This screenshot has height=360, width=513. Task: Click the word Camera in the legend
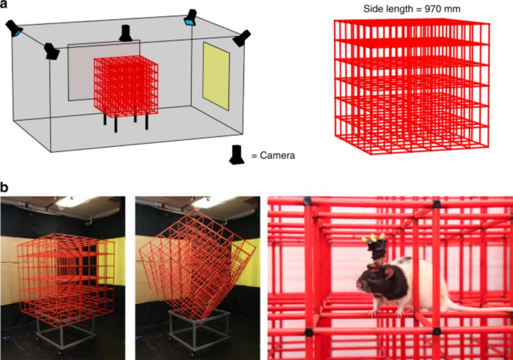coord(277,155)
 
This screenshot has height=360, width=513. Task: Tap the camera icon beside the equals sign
coord(237,155)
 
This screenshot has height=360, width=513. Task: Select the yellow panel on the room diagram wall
coord(216,75)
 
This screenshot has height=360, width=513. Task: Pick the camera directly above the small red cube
coord(126,33)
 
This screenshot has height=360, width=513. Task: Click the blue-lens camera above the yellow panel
coord(190,17)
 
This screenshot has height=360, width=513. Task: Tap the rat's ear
coord(389,273)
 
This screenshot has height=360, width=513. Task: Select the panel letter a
coord(4,5)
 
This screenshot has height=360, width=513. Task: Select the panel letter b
coord(4,188)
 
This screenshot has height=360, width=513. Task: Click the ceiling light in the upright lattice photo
coord(73,203)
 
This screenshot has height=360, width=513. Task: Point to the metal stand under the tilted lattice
coord(199,330)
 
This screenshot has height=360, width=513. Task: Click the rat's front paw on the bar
coord(372,313)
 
